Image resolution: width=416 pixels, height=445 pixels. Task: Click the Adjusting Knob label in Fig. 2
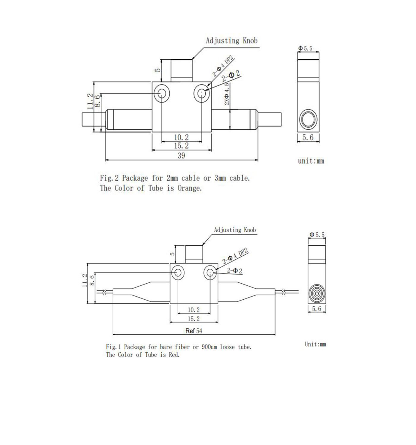pyautogui.click(x=231, y=41)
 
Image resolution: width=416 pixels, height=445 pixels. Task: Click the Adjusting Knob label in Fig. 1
pyautogui.click(x=235, y=230)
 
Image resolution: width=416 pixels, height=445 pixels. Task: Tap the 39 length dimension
pyautogui.click(x=181, y=155)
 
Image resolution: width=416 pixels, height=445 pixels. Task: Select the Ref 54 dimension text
pyautogui.click(x=194, y=331)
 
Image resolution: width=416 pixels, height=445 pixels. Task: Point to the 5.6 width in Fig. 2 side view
pyautogui.click(x=308, y=137)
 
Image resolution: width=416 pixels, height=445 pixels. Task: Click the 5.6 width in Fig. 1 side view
pyautogui.click(x=316, y=309)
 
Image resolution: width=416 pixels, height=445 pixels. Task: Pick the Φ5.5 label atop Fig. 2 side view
pyautogui.click(x=305, y=48)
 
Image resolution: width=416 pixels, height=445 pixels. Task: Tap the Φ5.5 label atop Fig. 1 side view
pyautogui.click(x=317, y=235)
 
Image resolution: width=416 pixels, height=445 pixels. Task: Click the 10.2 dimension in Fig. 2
pyautogui.click(x=181, y=137)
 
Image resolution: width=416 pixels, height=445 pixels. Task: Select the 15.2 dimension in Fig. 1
pyautogui.click(x=194, y=319)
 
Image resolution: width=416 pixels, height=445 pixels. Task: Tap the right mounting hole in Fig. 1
pyautogui.click(x=210, y=273)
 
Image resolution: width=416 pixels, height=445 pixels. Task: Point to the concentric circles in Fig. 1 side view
pyautogui.click(x=317, y=294)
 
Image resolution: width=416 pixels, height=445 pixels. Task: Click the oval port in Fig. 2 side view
pyautogui.click(x=309, y=119)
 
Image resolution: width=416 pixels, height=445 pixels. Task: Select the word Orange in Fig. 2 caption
pyautogui.click(x=189, y=188)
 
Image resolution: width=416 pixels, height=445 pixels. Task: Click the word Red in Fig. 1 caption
pyautogui.click(x=174, y=355)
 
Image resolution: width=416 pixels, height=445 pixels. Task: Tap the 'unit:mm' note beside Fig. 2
pyautogui.click(x=311, y=161)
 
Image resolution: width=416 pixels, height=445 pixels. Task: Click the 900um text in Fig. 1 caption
pyautogui.click(x=209, y=347)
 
